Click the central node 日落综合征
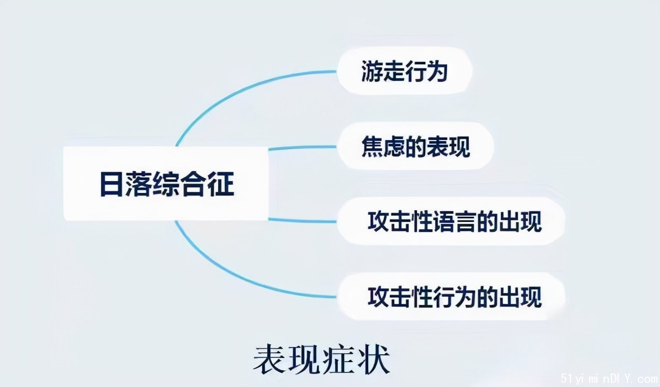[166, 184]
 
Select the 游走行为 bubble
[405, 71]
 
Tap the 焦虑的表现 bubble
[415, 146]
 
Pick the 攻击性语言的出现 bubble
[451, 221]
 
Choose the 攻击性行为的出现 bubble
[451, 296]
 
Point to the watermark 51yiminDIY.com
[609, 378]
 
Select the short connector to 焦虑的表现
[303, 147]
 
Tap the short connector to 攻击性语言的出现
[303, 220]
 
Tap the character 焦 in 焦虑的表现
[372, 146]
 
